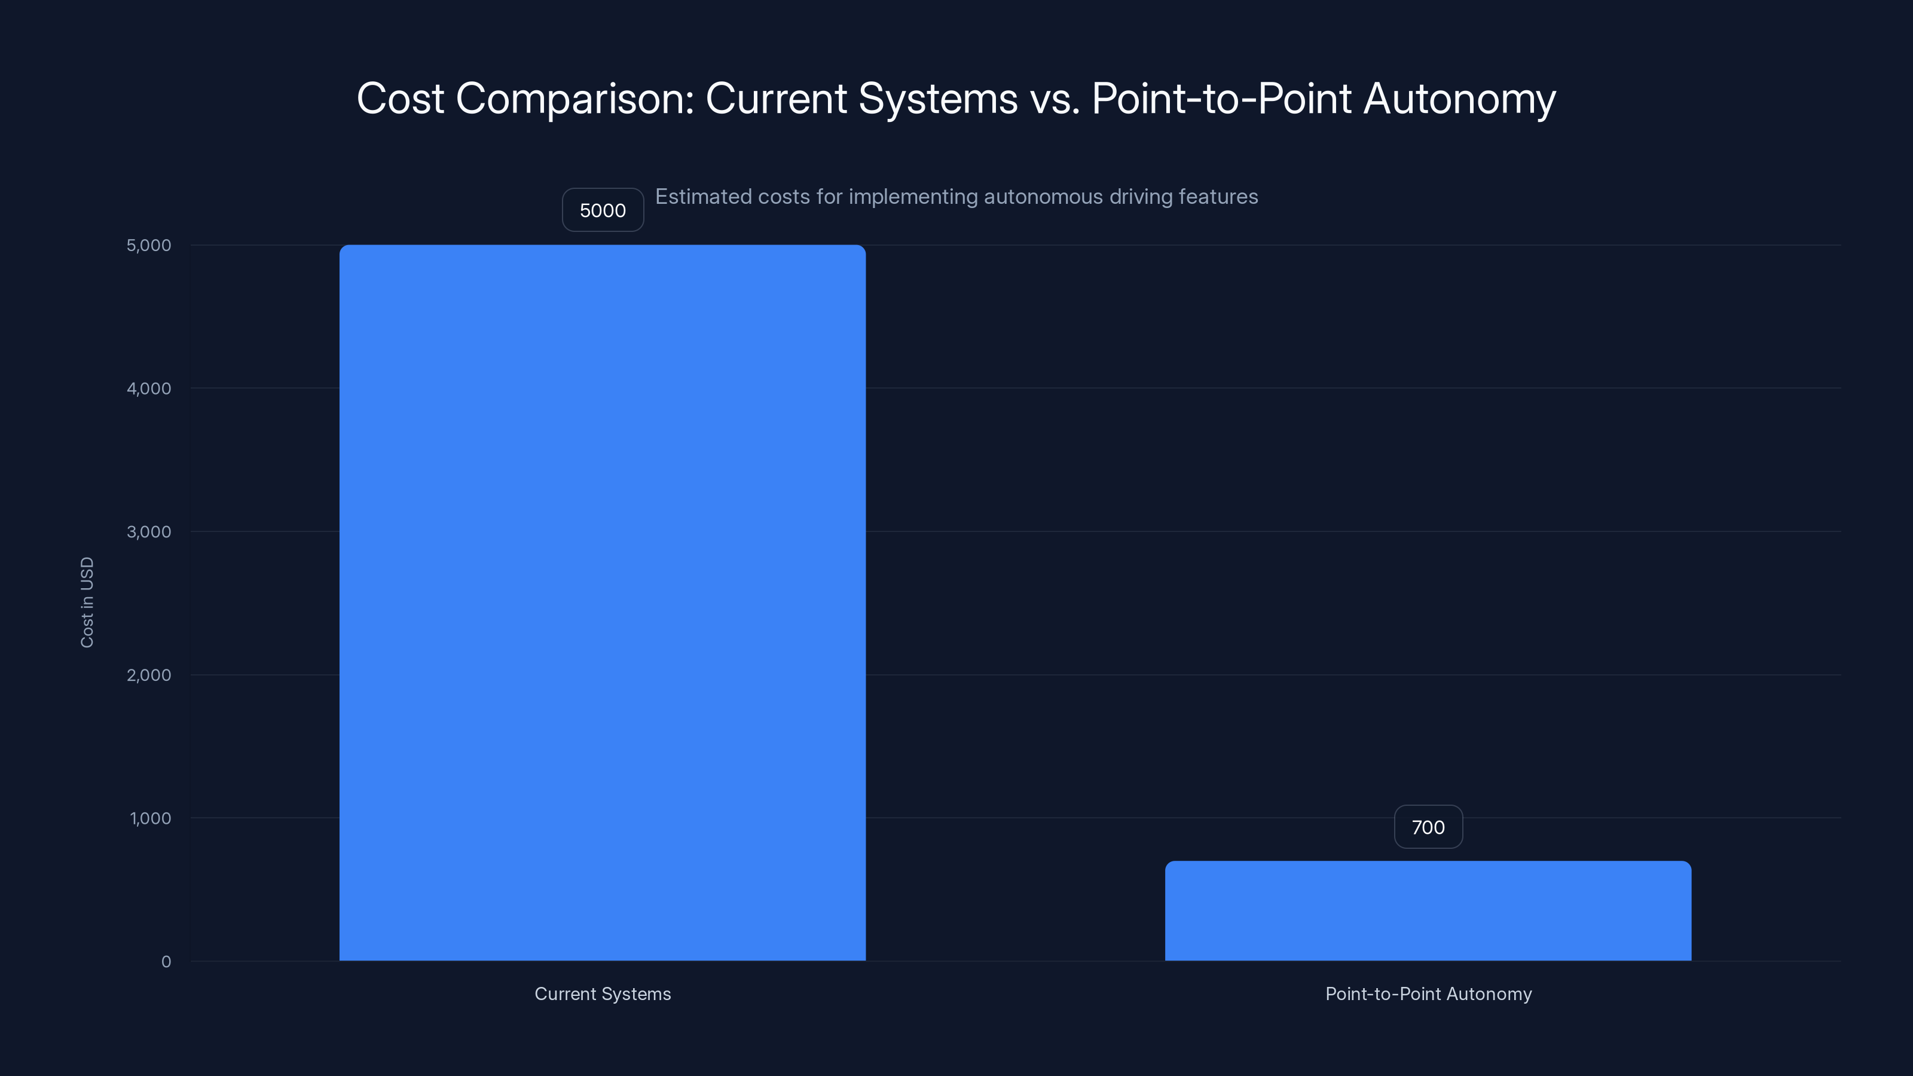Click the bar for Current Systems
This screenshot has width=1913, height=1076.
[x=602, y=602]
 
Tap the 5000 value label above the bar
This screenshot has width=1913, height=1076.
[x=602, y=210]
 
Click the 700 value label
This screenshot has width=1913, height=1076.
[x=1428, y=827]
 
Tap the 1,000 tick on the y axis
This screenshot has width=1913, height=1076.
[x=150, y=818]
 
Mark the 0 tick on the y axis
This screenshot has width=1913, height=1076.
[x=166, y=962]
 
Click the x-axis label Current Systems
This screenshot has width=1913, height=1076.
[x=602, y=994]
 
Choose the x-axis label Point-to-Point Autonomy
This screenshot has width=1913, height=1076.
[x=1428, y=994]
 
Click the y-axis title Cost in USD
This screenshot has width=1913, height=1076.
[x=87, y=602]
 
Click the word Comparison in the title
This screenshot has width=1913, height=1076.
[x=574, y=99]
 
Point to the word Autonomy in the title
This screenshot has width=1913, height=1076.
[x=1459, y=99]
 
